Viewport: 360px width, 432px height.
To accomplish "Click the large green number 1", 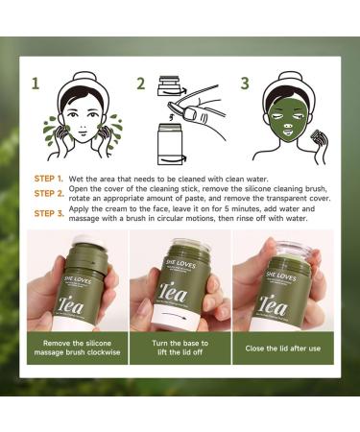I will [x=36, y=84].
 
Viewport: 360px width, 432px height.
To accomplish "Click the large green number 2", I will [x=140, y=84].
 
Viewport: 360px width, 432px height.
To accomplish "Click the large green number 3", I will [x=245, y=84].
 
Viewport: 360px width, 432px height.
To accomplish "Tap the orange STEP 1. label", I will [x=49, y=179].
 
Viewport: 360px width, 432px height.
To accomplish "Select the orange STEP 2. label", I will [x=49, y=193].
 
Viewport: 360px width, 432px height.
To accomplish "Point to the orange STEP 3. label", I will [x=49, y=213].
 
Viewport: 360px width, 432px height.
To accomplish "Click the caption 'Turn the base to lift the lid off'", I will [x=180, y=349].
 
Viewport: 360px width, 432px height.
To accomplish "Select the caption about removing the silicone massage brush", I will [x=74, y=349].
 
